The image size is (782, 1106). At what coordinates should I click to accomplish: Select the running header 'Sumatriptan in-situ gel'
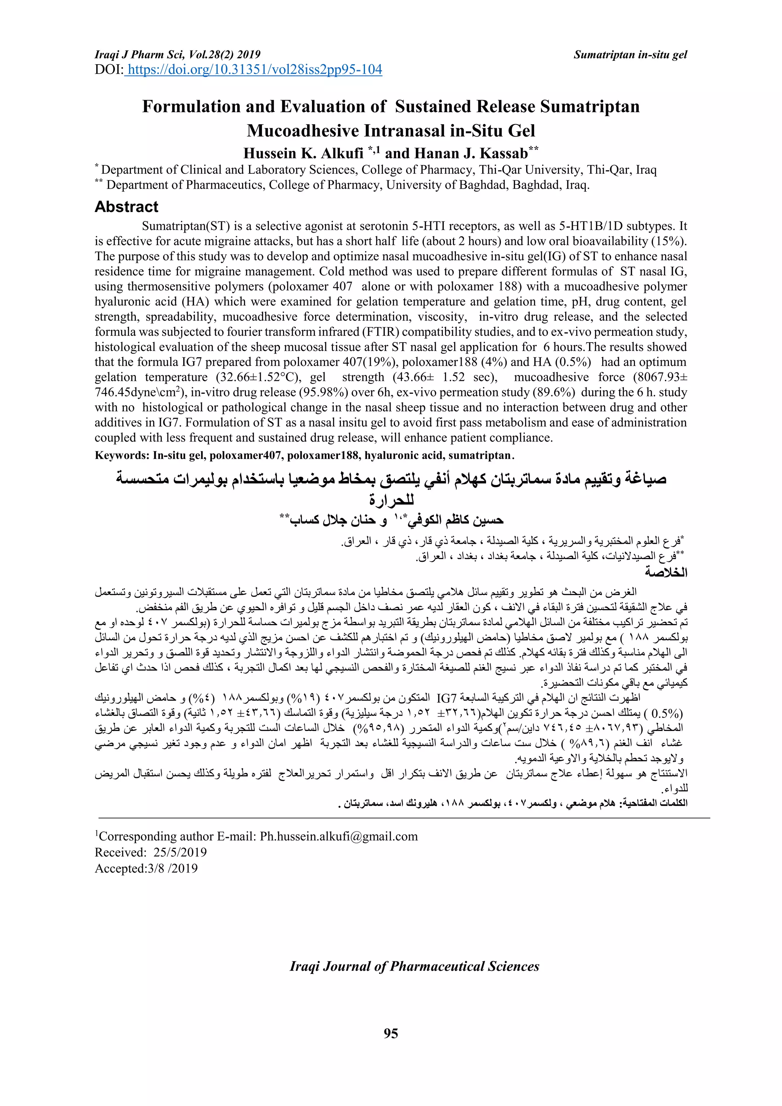point(630,55)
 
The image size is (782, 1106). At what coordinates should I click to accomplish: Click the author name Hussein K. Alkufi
point(303,153)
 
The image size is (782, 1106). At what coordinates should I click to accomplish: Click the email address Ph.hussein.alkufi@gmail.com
point(339,836)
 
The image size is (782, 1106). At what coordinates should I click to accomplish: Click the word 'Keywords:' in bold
point(122,456)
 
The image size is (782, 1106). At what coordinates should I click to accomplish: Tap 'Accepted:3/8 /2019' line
point(146,868)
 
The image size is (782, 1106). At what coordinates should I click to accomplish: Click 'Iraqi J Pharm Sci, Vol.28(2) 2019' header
point(177,55)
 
